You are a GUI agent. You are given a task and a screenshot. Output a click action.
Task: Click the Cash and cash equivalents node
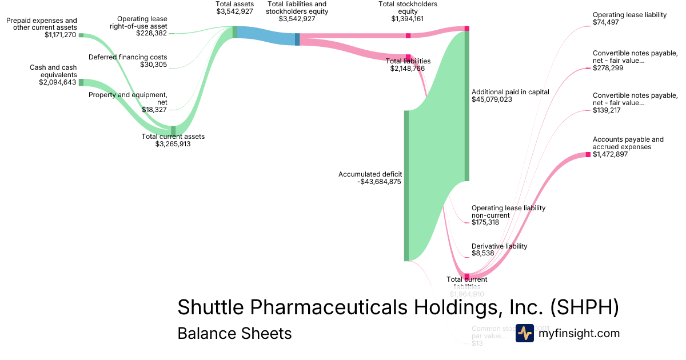[x=81, y=82]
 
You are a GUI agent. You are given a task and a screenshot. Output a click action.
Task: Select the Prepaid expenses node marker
[x=81, y=35]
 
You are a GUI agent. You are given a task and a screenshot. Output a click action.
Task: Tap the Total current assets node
[x=173, y=130]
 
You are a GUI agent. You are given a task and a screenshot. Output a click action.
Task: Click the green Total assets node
[x=234, y=32]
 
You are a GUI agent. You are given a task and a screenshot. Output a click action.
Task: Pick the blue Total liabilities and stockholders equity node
[x=297, y=39]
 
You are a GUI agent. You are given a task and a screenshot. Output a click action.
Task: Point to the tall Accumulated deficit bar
[x=406, y=185]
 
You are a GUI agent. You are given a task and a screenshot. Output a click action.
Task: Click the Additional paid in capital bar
[x=466, y=106]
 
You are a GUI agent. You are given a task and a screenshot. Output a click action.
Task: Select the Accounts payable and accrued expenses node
[x=588, y=154]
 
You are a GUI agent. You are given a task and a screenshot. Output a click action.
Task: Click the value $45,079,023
[x=492, y=99]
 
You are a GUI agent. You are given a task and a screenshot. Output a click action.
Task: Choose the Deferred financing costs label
[x=127, y=57]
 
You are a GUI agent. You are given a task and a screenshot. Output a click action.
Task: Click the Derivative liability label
[x=499, y=246]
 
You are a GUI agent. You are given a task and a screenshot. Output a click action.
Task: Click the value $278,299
[x=608, y=68]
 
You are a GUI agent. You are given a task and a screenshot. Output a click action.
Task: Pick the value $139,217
[x=607, y=110]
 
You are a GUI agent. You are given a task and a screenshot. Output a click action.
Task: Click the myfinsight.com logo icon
[x=525, y=333]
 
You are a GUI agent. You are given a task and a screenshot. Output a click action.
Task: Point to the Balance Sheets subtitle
[x=234, y=333]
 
